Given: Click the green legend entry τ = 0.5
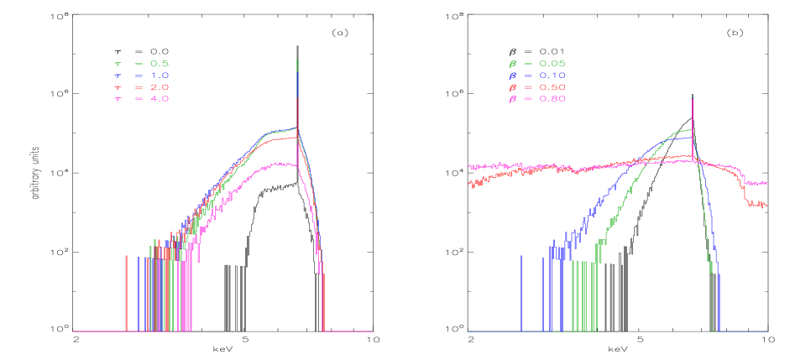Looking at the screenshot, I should pyautogui.click(x=142, y=64).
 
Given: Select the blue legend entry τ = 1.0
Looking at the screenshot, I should pyautogui.click(x=142, y=76).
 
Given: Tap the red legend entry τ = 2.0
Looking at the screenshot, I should pyautogui.click(x=142, y=87).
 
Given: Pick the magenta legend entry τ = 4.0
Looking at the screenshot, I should pyautogui.click(x=142, y=99).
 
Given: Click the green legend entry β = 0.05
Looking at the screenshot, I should pyautogui.click(x=536, y=64).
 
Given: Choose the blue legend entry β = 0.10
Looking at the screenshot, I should pyautogui.click(x=536, y=76).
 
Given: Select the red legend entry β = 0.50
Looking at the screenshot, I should pyautogui.click(x=536, y=87).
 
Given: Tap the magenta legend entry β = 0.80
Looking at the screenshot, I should pyautogui.click(x=536, y=99).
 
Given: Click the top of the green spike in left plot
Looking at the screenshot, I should pyautogui.click(x=297, y=60).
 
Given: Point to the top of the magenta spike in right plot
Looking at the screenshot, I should pyautogui.click(x=692, y=97).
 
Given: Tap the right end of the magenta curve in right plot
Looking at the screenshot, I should pyautogui.click(x=766, y=182).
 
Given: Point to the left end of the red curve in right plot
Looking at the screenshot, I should pyautogui.click(x=469, y=184).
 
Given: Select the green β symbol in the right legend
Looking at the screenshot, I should pyautogui.click(x=511, y=64).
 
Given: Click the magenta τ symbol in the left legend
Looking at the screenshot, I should pyautogui.click(x=117, y=99).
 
